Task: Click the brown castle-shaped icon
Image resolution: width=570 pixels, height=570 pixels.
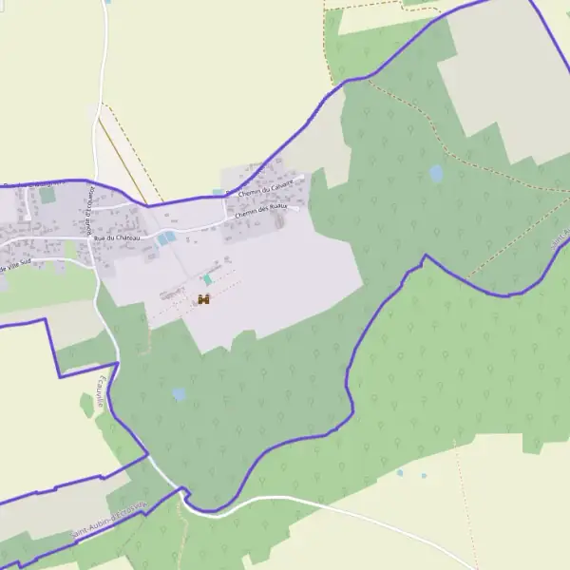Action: [203, 299]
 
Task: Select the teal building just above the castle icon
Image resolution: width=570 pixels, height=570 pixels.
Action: [207, 279]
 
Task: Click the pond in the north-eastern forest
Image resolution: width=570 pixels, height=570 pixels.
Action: [435, 173]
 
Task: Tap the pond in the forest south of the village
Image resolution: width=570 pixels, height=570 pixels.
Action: [179, 393]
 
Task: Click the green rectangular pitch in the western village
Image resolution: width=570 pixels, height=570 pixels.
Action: [47, 195]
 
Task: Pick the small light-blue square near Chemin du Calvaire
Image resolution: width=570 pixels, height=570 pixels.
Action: [218, 192]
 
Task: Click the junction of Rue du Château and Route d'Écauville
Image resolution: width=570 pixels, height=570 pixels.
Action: [91, 239]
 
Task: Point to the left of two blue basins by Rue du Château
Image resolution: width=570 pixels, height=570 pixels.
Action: [161, 239]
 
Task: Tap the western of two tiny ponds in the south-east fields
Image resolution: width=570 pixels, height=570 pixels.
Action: [400, 472]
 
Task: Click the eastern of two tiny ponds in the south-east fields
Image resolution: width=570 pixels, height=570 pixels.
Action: [424, 475]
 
